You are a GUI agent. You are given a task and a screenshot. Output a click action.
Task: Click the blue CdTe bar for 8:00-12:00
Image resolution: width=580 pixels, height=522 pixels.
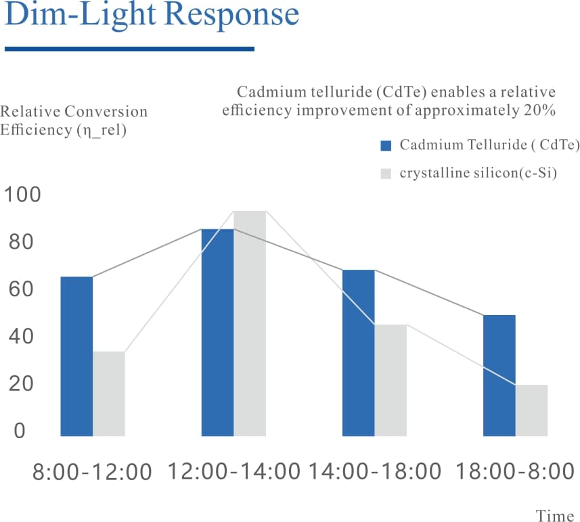76,356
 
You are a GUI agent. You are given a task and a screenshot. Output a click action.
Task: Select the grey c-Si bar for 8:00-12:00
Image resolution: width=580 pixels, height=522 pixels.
109,394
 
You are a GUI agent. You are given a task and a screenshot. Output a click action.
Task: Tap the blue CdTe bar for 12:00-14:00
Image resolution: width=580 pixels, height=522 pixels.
217,332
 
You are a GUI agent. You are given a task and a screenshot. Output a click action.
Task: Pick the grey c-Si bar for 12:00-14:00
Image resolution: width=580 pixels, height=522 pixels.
250,323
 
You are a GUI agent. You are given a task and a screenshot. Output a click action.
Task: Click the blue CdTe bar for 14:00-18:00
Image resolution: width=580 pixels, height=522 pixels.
358,352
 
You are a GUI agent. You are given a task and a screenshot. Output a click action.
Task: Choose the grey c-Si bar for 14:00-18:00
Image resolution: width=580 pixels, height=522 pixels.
391,380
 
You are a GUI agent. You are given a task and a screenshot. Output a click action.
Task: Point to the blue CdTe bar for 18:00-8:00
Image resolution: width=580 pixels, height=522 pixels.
499,375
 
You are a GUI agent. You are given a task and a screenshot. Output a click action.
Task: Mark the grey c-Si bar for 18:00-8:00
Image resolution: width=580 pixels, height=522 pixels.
531,410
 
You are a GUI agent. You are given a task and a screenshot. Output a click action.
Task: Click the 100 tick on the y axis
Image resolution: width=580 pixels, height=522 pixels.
22,195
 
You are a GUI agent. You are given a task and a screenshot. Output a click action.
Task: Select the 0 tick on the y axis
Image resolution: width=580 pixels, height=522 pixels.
19,431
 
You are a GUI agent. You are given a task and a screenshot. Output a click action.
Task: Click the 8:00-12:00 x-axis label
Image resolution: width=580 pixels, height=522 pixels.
92,472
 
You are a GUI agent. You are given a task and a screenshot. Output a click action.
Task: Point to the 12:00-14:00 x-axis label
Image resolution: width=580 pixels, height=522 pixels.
233,471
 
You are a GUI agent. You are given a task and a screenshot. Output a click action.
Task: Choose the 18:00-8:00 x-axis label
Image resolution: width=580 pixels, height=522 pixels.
515,471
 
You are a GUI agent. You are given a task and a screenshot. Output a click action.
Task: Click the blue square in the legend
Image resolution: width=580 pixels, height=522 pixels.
386,145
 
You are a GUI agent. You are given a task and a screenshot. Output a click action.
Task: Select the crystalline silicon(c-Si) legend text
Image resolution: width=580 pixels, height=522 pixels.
478,173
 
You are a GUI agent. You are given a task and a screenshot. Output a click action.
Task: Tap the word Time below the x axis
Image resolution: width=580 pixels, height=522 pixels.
555,516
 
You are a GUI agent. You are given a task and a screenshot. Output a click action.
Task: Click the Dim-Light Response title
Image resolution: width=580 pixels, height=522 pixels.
152,15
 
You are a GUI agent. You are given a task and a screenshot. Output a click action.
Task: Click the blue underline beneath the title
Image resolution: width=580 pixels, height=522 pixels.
129,49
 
